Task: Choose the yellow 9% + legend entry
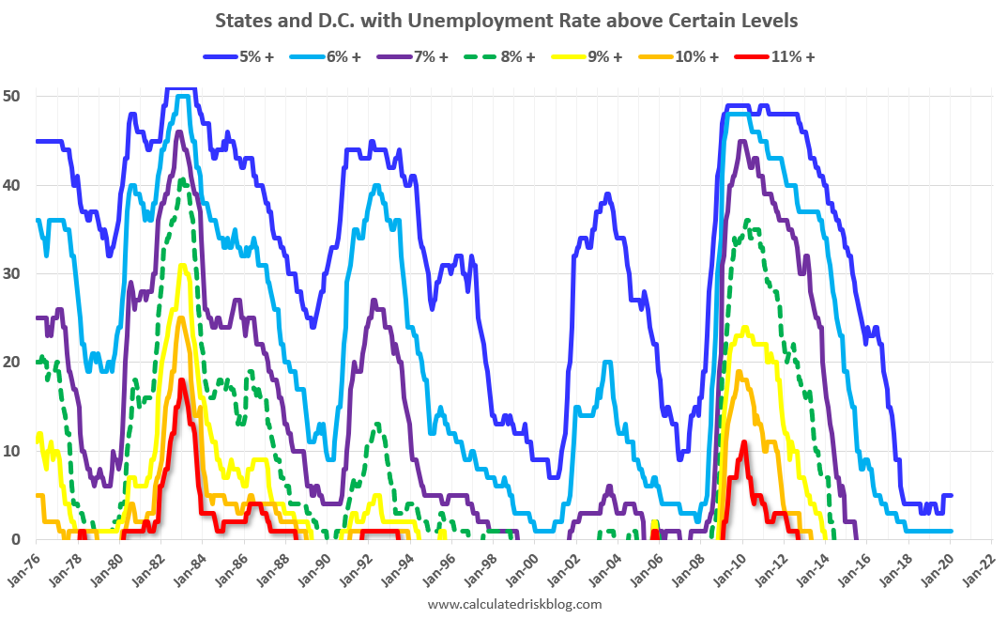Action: (x=586, y=56)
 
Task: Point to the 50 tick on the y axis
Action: (x=16, y=97)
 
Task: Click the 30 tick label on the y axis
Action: (x=16, y=274)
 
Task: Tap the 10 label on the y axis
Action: (x=16, y=452)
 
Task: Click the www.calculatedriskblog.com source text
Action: (x=514, y=604)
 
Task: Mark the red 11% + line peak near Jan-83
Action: (x=181, y=380)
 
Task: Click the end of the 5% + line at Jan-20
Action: (x=952, y=495)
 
